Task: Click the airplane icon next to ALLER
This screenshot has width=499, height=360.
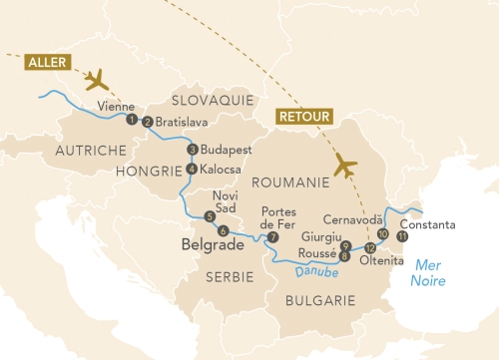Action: coord(98,79)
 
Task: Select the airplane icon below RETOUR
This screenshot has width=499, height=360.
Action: coord(345,165)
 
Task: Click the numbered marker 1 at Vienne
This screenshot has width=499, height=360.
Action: coord(131,120)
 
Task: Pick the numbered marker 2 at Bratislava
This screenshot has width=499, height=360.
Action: coord(148,123)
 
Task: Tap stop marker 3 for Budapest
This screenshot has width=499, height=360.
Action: coord(192,150)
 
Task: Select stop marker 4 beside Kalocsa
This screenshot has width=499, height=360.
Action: coord(191,168)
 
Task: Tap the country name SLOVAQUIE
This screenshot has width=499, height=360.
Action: coord(213,101)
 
